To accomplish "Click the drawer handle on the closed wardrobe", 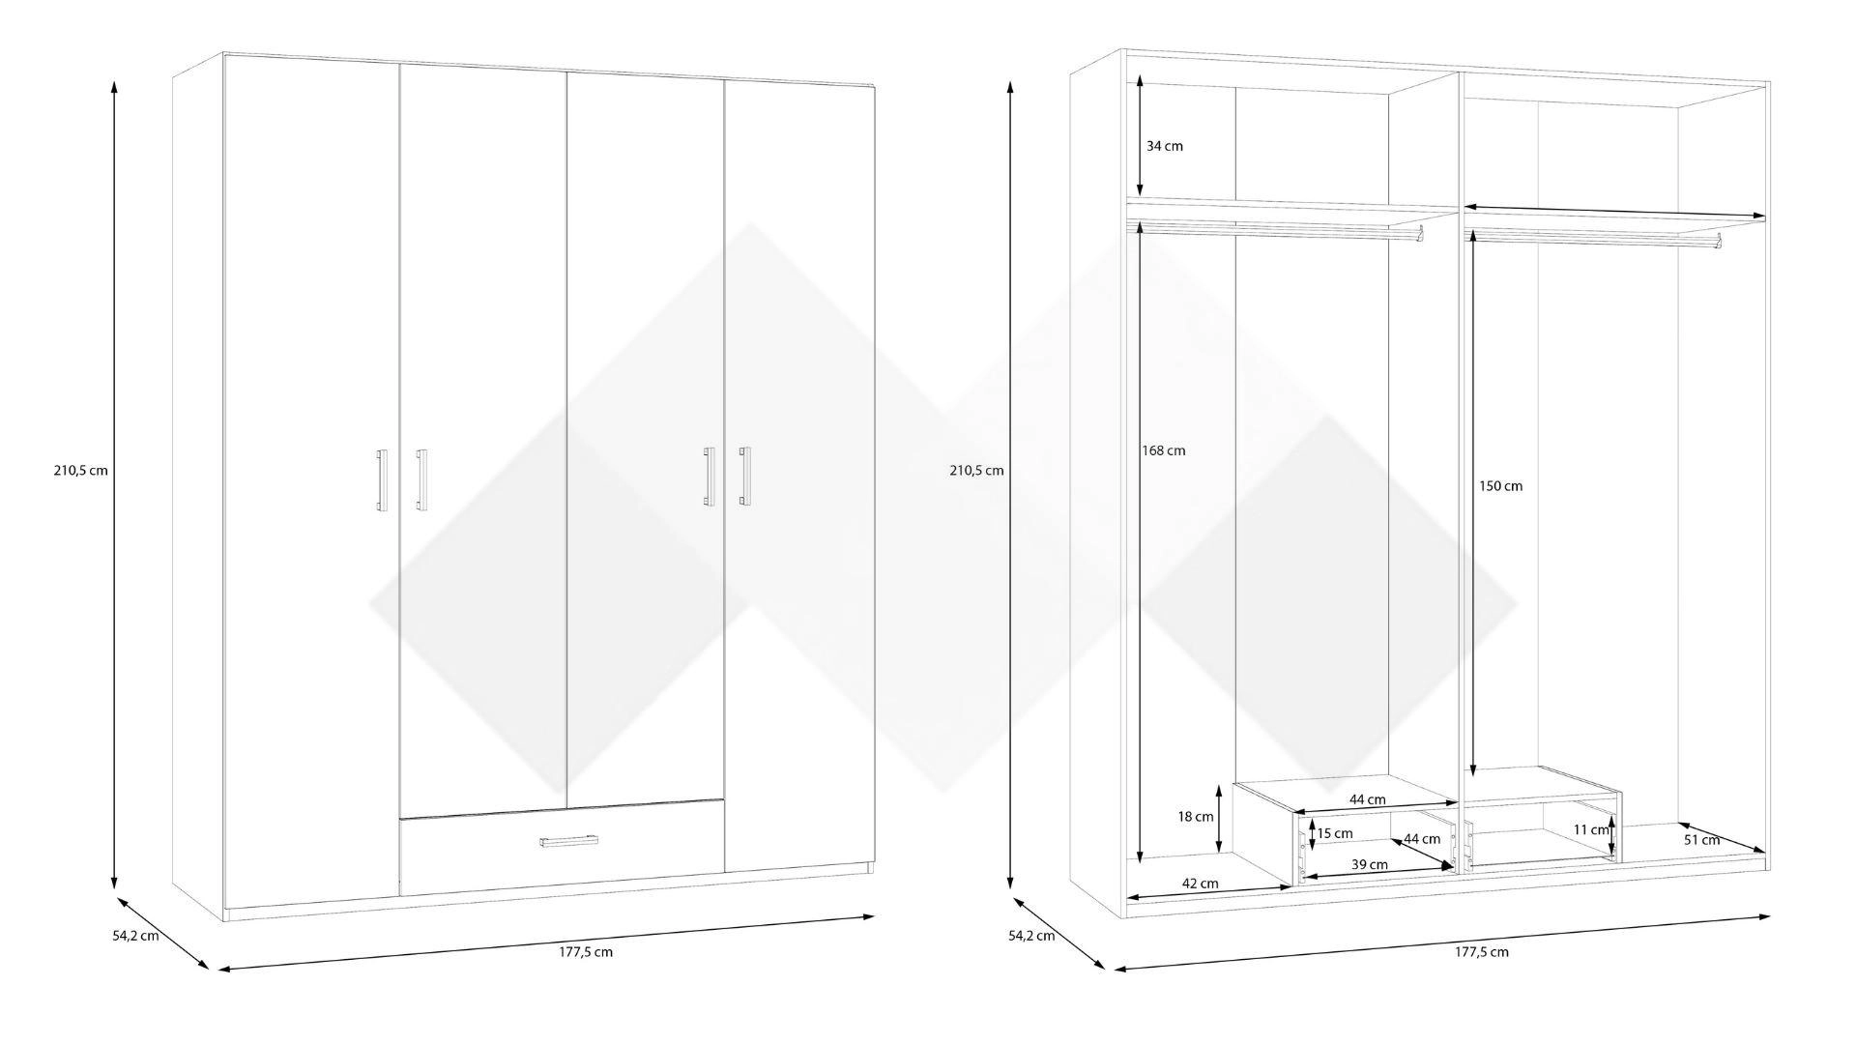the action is click(x=569, y=843).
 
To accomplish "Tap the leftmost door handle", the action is click(x=382, y=479).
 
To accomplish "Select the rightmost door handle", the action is click(x=743, y=476).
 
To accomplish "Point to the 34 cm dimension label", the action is click(x=1165, y=146).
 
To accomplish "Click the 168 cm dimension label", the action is click(x=1163, y=450).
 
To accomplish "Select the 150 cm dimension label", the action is click(x=1500, y=485).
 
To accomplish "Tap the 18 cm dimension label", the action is click(x=1196, y=817).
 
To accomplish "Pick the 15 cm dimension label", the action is click(x=1335, y=833).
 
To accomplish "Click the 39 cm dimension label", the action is click(x=1370, y=864).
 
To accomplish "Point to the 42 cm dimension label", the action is click(x=1200, y=884).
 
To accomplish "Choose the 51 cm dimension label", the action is click(x=1702, y=840).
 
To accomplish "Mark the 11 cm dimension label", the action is click(x=1591, y=829).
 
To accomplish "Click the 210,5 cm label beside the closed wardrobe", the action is click(x=81, y=471).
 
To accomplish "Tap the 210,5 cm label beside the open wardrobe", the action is click(x=976, y=471).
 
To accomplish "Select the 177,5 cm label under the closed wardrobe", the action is click(x=586, y=951).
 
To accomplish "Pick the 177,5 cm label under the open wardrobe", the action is click(x=1482, y=951).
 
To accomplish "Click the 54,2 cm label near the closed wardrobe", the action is click(x=136, y=936).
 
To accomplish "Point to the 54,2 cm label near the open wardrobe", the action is click(x=1031, y=936).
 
